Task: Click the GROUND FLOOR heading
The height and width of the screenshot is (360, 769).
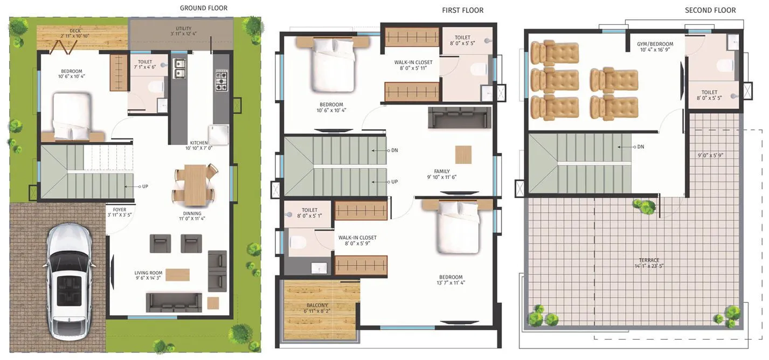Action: (x=203, y=8)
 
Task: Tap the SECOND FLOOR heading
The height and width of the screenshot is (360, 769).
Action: (x=710, y=10)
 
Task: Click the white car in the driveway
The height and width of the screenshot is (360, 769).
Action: (x=69, y=280)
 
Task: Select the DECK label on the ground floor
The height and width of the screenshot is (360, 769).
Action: (x=75, y=31)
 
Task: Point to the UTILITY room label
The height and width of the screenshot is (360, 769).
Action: (x=184, y=29)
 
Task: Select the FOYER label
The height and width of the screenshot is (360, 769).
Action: (x=120, y=209)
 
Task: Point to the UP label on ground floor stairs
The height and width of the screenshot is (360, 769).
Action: (x=145, y=186)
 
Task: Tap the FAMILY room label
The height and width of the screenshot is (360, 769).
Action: (x=442, y=171)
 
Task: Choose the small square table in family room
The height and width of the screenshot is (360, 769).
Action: (x=463, y=155)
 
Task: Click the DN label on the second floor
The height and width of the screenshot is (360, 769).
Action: (x=641, y=147)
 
